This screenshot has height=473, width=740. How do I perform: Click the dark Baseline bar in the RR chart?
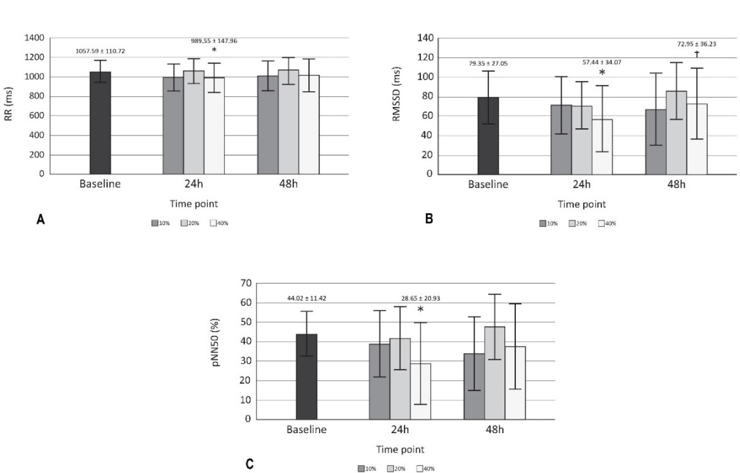(100, 123)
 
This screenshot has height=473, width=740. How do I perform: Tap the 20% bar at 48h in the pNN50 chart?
(495, 373)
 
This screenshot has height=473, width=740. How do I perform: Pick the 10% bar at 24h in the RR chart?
(173, 126)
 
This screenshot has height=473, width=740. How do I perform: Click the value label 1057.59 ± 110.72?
(100, 51)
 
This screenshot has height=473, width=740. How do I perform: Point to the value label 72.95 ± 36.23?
(696, 44)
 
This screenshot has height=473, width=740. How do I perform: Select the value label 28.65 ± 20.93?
(420, 298)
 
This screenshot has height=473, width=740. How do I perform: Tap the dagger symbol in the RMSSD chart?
(696, 54)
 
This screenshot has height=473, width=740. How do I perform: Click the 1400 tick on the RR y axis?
(35, 38)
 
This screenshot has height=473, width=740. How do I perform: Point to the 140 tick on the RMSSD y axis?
(425, 38)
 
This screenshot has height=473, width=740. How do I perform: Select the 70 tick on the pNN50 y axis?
(246, 283)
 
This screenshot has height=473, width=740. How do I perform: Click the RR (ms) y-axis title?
(9, 104)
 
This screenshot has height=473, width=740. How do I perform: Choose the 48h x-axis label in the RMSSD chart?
(676, 184)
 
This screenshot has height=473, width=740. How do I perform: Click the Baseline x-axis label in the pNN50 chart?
(307, 429)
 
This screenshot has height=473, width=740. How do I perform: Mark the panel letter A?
(41, 220)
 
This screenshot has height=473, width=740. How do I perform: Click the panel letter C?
(250, 464)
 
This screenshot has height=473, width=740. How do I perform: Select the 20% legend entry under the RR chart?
(190, 223)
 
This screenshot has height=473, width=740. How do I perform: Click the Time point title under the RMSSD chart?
(582, 204)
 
